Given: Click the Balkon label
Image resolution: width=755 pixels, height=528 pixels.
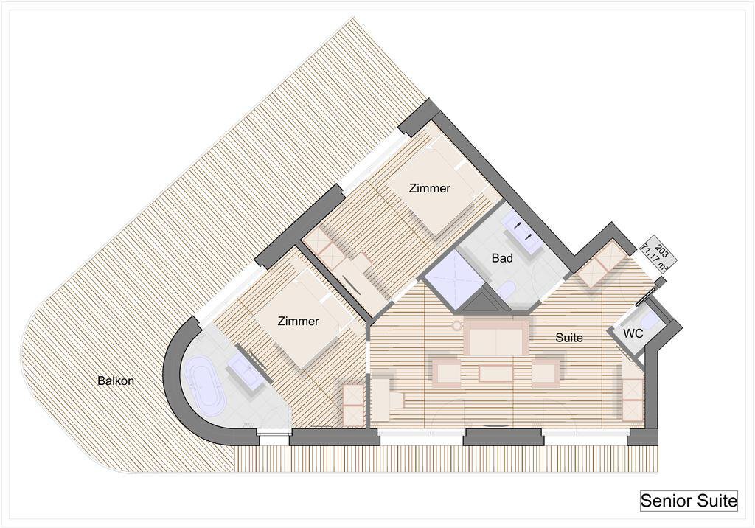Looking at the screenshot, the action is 116,381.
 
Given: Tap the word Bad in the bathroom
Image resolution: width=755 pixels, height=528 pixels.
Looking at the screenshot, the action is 502,258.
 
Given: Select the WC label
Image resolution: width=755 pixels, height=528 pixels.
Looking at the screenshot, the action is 633,333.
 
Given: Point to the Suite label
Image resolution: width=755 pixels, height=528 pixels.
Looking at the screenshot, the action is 569,338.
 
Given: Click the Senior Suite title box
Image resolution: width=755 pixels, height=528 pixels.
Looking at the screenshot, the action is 689,501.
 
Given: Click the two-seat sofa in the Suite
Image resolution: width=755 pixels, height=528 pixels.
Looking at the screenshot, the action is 496,336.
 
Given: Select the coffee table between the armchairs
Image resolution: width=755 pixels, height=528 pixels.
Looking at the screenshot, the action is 495,374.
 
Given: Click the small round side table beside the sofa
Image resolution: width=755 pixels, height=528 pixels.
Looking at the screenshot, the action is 456,326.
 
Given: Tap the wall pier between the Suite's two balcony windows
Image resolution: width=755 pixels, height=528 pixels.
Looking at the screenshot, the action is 503,437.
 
